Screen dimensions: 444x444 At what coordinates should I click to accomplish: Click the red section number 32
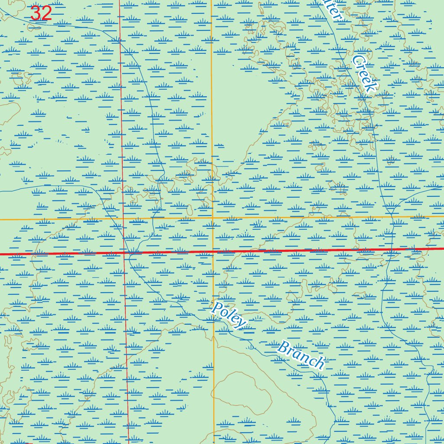(x=41, y=13)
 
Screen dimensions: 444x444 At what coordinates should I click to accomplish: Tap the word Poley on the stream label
(x=228, y=315)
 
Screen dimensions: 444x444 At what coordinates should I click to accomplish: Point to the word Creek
(x=364, y=74)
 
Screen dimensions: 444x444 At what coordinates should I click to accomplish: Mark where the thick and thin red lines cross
(x=124, y=252)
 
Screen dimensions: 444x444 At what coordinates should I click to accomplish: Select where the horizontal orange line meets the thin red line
(x=124, y=219)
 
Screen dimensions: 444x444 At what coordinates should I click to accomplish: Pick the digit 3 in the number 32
(x=36, y=13)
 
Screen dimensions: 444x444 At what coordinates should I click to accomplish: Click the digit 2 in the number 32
(x=46, y=13)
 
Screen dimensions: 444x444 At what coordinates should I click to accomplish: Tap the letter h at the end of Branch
(x=319, y=363)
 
